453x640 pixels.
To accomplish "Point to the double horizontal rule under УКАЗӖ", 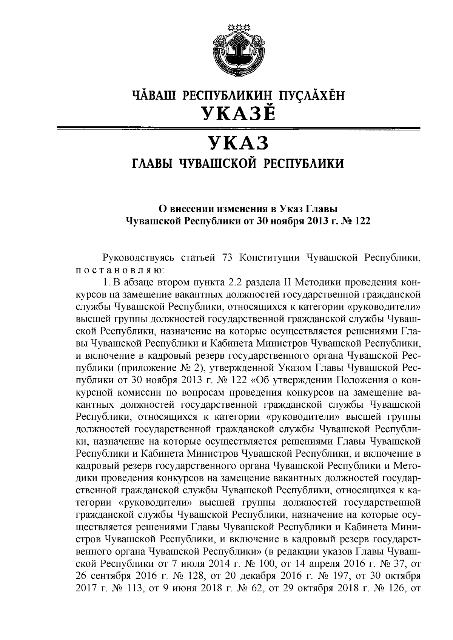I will click(238, 129).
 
